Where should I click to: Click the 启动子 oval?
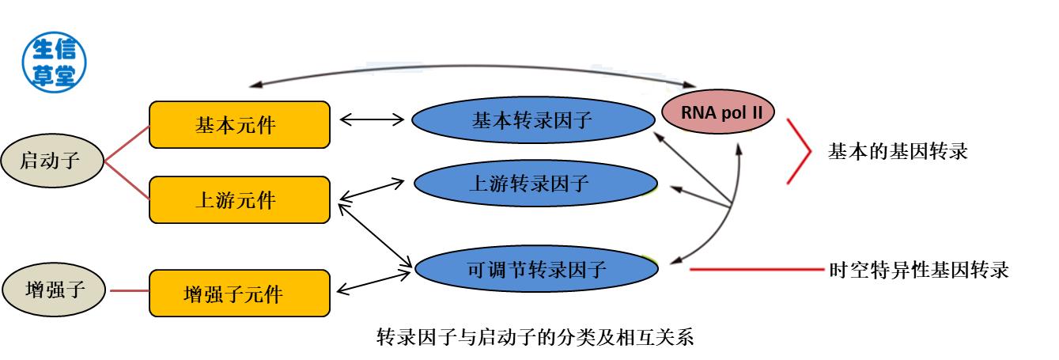point(51,162)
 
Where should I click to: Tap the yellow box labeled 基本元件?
point(240,125)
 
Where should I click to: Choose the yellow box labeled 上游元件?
point(240,200)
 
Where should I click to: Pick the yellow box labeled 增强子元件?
point(240,294)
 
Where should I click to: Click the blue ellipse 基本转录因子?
point(532,121)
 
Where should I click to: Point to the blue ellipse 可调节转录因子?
point(536,270)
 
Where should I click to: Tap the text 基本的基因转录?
point(897,152)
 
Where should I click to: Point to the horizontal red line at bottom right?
point(757,271)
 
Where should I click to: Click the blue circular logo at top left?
point(55,63)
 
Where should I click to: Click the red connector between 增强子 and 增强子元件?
point(130,290)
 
